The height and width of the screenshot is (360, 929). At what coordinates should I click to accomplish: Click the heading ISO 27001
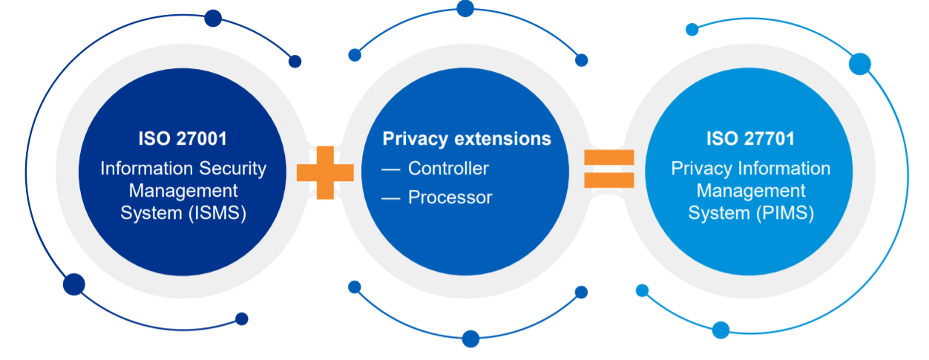(x=183, y=139)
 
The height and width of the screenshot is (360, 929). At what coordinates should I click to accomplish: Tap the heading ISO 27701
(x=750, y=139)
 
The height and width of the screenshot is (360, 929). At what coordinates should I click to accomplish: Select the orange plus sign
(x=324, y=172)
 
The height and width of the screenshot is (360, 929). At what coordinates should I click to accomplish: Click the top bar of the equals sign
(x=608, y=157)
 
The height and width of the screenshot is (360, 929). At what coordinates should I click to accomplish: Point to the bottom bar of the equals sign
(x=608, y=180)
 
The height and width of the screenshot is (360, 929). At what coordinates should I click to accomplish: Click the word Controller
(x=448, y=168)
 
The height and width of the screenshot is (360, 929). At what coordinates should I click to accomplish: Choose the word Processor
(x=450, y=197)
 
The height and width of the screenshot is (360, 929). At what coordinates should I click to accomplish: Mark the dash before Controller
(x=391, y=169)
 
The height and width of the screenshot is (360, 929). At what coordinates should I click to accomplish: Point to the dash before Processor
(x=391, y=198)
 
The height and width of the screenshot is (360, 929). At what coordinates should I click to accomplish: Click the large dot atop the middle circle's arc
(x=465, y=8)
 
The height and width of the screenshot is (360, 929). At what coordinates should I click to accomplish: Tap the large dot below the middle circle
(x=470, y=338)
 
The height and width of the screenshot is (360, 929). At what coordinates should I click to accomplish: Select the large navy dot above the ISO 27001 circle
(x=213, y=19)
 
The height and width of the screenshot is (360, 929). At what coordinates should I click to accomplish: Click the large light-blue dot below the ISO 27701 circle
(x=720, y=330)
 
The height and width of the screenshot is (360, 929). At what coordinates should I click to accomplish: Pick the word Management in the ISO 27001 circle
(x=183, y=191)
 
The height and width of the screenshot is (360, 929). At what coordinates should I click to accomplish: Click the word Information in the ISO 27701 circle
(x=785, y=168)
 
